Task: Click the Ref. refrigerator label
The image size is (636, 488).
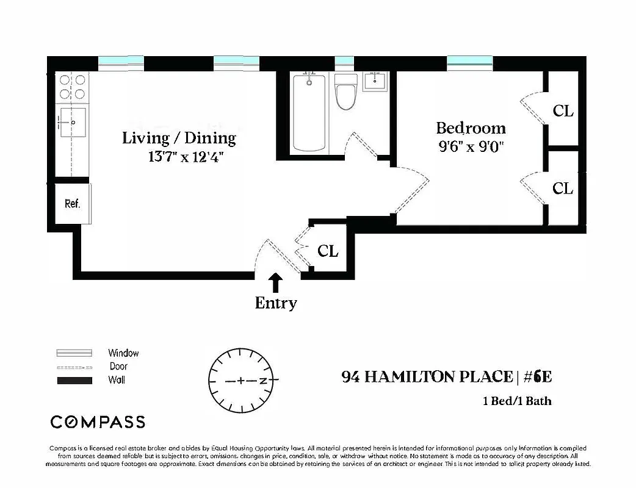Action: click(x=72, y=204)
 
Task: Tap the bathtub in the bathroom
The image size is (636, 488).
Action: click(x=311, y=113)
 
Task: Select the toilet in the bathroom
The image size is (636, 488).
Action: click(x=345, y=91)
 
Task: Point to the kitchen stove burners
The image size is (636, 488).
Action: click(x=72, y=87)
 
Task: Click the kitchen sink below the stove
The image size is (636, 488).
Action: click(x=72, y=122)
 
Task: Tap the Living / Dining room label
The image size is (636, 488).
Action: click(x=179, y=138)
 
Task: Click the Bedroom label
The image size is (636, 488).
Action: click(x=470, y=128)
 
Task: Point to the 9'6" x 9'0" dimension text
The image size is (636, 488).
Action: click(x=470, y=147)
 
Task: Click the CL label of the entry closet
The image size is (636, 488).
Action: click(x=328, y=251)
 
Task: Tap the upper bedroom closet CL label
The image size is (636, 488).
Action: click(x=563, y=111)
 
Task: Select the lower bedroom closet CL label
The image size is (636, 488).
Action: click(x=563, y=188)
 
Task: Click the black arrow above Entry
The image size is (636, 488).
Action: click(x=276, y=282)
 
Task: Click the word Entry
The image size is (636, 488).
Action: click(x=276, y=303)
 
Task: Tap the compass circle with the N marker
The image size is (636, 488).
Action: click(x=241, y=381)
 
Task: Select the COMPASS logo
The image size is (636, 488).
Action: click(x=98, y=422)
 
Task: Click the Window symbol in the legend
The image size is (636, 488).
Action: click(x=74, y=353)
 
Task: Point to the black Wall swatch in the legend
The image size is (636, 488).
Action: click(x=74, y=381)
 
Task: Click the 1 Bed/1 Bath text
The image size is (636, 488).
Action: click(x=516, y=401)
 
